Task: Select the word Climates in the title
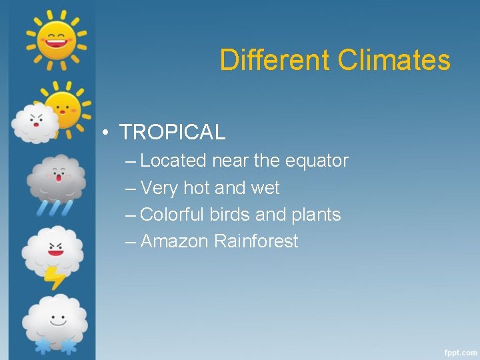click(x=394, y=60)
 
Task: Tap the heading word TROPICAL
click(x=173, y=132)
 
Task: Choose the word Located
click(x=173, y=161)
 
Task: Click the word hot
click(x=196, y=188)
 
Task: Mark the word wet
click(x=265, y=188)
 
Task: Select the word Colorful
click(x=173, y=215)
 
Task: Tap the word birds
click(x=231, y=215)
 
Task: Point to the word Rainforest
click(x=256, y=241)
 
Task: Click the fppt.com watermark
click(x=460, y=351)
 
